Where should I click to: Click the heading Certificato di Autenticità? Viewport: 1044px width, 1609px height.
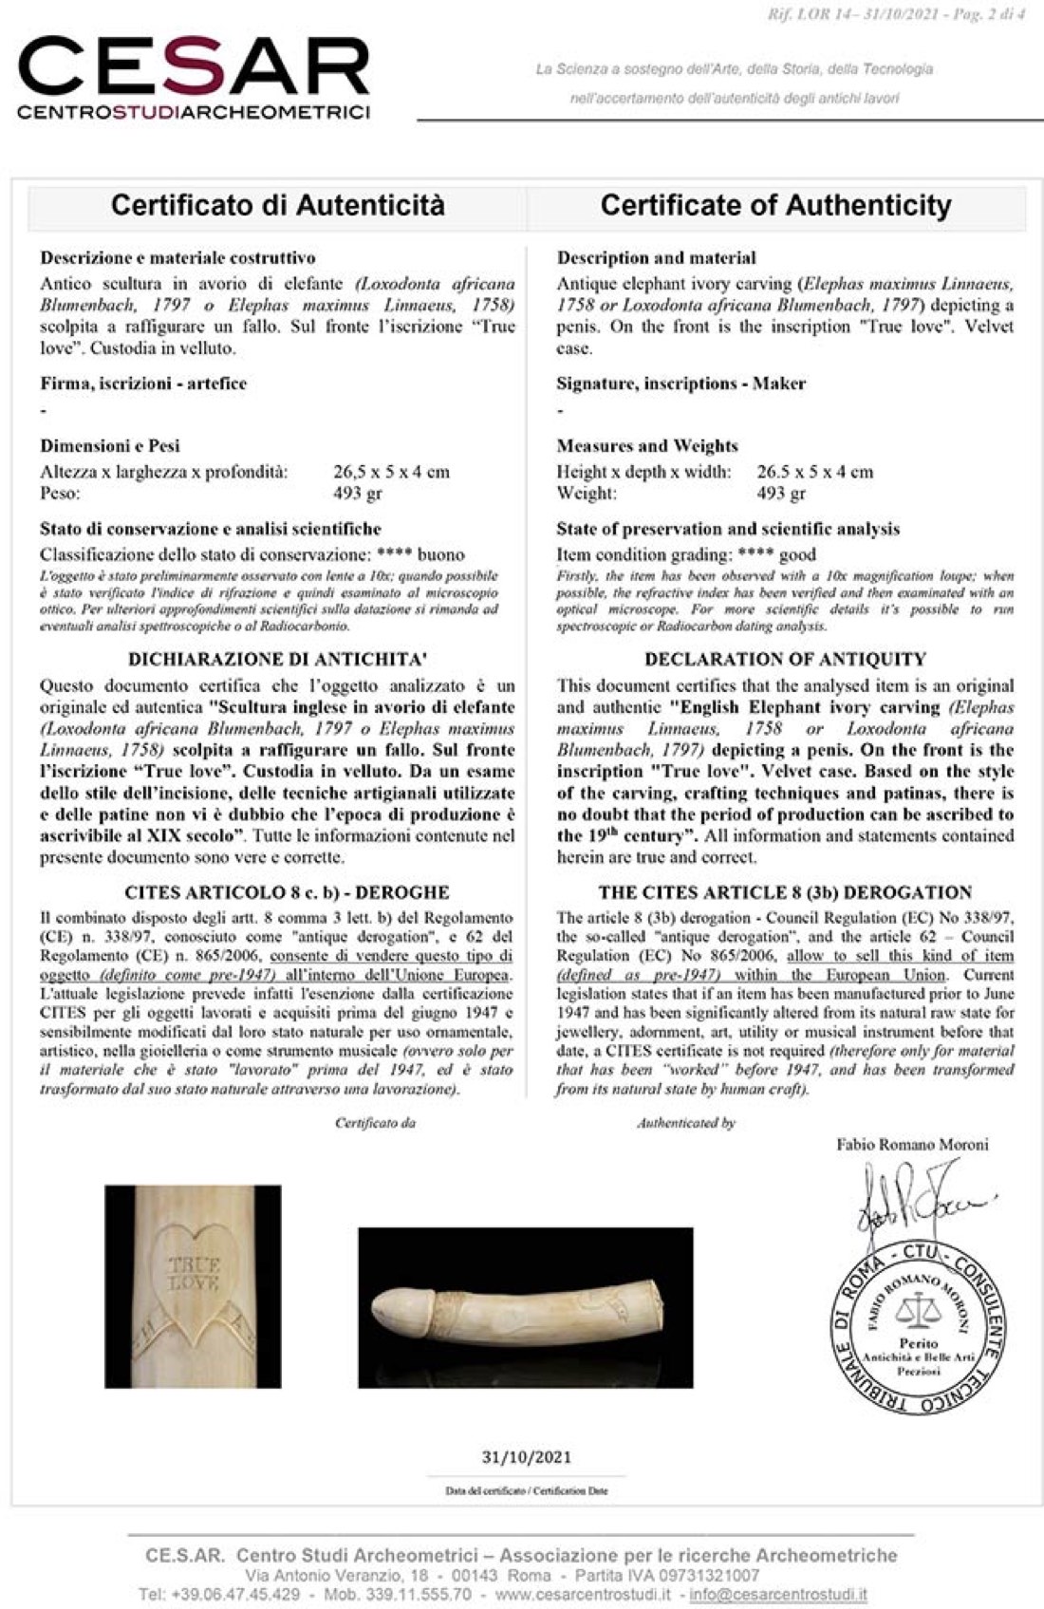[277, 205]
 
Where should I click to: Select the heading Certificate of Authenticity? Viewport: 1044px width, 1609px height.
[775, 205]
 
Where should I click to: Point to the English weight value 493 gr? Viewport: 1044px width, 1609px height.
[781, 494]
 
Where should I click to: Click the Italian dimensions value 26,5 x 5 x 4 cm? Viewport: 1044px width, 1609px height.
[391, 472]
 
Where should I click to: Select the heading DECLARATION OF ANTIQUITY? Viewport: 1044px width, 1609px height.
[785, 659]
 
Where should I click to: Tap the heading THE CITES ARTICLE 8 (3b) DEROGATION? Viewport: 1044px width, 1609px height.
[785, 892]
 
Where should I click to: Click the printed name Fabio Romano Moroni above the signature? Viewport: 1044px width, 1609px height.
[912, 1145]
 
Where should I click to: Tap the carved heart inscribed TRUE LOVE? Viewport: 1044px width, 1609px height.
[194, 1276]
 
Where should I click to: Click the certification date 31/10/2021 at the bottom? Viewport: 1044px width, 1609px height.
[527, 1457]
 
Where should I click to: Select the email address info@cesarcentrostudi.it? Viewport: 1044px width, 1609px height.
[777, 1594]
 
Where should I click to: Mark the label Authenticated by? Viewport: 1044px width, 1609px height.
[686, 1123]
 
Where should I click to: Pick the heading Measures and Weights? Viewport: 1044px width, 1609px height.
[646, 446]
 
